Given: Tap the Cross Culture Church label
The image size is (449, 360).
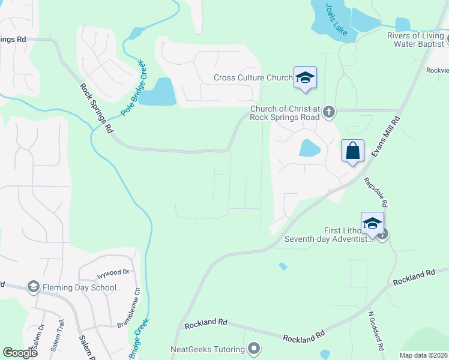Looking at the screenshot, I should [253, 78].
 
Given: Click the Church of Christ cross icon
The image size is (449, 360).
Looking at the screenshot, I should [329, 111].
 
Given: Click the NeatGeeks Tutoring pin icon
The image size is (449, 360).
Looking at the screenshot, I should [254, 349].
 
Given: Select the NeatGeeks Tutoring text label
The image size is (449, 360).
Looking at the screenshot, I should [208, 349].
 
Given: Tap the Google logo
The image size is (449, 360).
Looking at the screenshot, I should [20, 353].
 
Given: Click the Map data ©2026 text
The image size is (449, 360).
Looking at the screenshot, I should [423, 355].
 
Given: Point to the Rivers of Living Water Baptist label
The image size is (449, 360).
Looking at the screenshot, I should [415, 40].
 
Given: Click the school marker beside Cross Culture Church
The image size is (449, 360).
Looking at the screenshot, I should [305, 78].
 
